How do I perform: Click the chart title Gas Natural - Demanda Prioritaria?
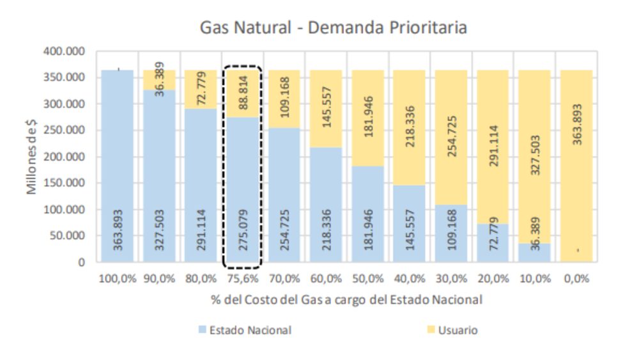pos(333,27)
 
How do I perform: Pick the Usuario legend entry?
pos(457,330)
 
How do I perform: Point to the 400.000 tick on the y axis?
pos(63,51)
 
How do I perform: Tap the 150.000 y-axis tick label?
pos(63,183)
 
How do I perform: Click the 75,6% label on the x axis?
pos(243,279)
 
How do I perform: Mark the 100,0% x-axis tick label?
pos(118,279)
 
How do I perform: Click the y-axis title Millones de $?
pos(33,157)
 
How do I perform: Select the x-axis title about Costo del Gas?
pos(345,299)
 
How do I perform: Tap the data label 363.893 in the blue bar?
pos(118,228)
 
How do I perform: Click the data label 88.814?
pos(243,93)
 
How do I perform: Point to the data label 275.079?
pos(243,228)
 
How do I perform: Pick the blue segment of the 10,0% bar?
pos(534,253)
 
